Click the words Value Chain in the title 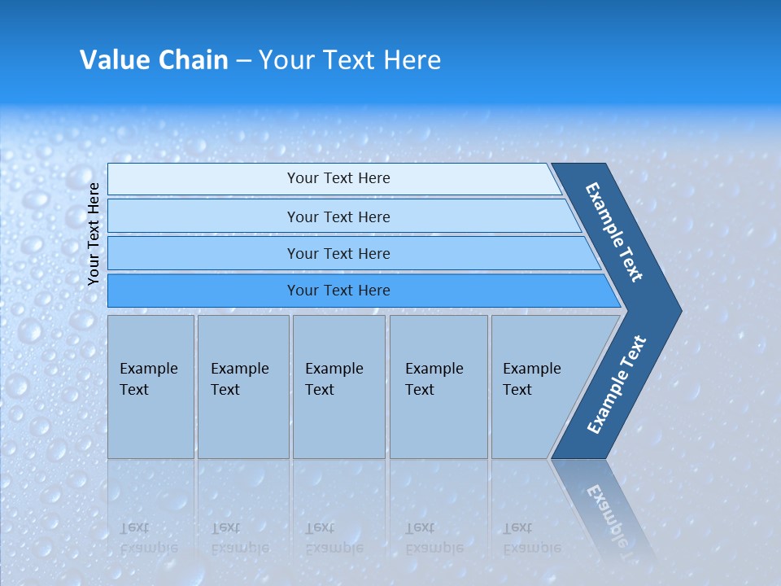pyautogui.click(x=154, y=60)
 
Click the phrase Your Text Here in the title pyautogui.click(x=350, y=60)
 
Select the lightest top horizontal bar pyautogui.click(x=203, y=179)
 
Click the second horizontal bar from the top pyautogui.click(x=203, y=216)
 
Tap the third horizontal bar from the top pyautogui.click(x=203, y=253)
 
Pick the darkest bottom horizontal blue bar pyautogui.click(x=203, y=291)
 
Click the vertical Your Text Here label pyautogui.click(x=94, y=234)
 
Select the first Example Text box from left pyautogui.click(x=151, y=387)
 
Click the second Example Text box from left pyautogui.click(x=243, y=387)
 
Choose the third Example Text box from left pyautogui.click(x=338, y=387)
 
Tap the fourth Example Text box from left pyautogui.click(x=438, y=387)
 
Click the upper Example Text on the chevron pyautogui.click(x=614, y=232)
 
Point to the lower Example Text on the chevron pyautogui.click(x=616, y=385)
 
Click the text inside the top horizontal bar pyautogui.click(x=338, y=178)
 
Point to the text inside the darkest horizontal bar pyautogui.click(x=338, y=291)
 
